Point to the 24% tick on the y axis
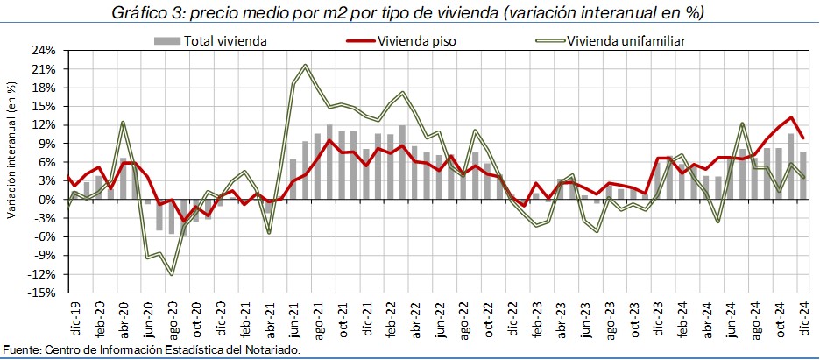44,50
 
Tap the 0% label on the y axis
47,200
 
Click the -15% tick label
42,293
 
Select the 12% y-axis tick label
44,125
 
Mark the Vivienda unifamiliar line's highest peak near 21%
305,65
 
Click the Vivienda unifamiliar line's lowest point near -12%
172,275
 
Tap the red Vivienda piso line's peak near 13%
791,117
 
